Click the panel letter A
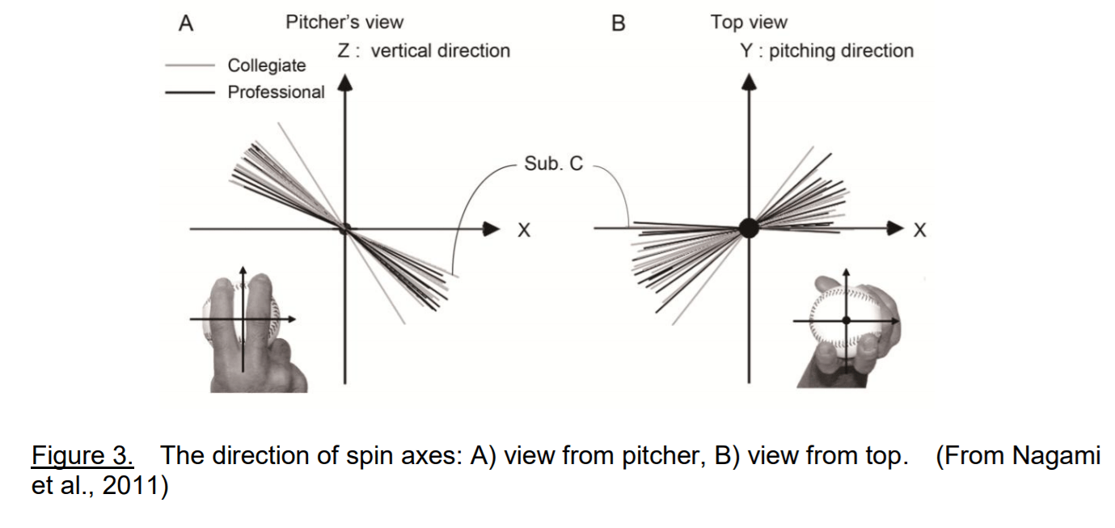tap(186, 23)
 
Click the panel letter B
tap(619, 23)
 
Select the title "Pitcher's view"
tap(344, 23)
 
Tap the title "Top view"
tap(749, 23)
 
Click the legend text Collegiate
tap(267, 65)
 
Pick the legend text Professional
tap(276, 92)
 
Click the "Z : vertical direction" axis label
tap(424, 51)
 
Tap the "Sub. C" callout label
tap(553, 163)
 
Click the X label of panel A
tap(524, 231)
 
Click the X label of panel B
tap(919, 231)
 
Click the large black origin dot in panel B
tap(750, 228)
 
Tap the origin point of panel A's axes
tap(346, 229)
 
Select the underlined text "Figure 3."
tap(82, 457)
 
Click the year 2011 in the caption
tap(129, 488)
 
